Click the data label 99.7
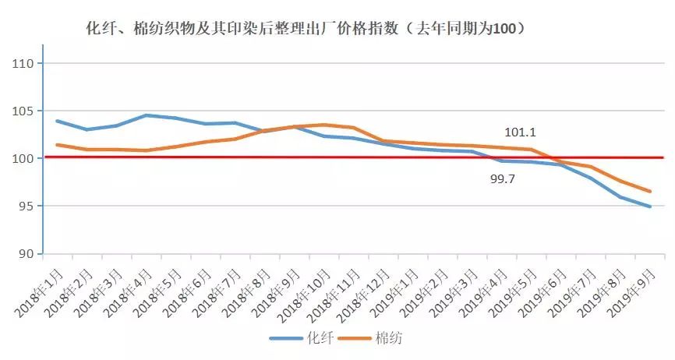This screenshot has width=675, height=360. click(502, 178)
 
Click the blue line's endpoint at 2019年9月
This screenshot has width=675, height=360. click(650, 206)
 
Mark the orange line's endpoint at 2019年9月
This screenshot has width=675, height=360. click(650, 192)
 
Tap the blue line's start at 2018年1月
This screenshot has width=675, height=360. click(57, 121)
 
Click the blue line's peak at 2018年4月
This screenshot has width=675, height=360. click(146, 115)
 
